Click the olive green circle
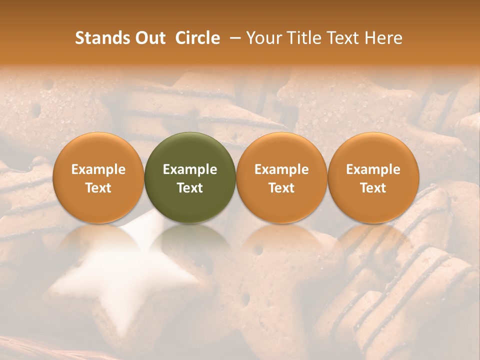pos(190,177)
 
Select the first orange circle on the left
pos(98,177)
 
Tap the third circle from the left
pos(281,177)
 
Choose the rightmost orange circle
pos(373,177)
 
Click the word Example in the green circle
pos(190,169)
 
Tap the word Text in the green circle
pos(190,188)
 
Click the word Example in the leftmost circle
pos(98,169)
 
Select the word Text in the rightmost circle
pos(373,188)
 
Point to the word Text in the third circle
pos(281,188)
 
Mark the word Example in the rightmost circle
pos(373,169)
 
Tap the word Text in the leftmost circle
pos(98,188)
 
